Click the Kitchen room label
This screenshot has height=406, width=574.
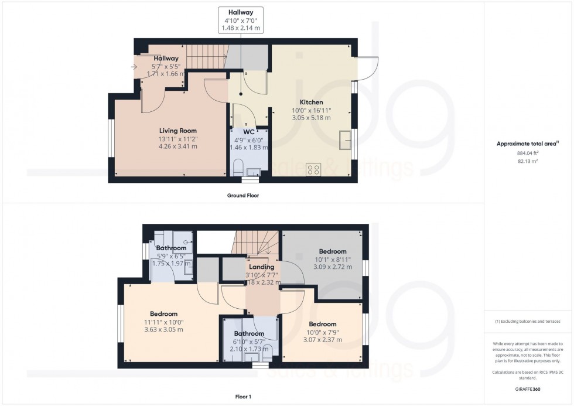[311, 101]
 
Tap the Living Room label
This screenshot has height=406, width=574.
[178, 131]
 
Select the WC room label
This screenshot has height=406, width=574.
[249, 132]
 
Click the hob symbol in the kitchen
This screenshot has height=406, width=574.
[314, 170]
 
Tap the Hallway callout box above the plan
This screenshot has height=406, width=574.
[240, 19]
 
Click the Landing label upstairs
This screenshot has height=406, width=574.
[261, 267]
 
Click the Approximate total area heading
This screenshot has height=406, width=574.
[526, 144]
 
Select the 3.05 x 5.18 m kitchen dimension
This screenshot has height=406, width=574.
[311, 118]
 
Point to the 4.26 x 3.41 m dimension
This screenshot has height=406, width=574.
[178, 146]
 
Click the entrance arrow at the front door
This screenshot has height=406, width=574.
[136, 67]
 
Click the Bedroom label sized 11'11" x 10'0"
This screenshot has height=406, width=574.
[163, 314]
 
